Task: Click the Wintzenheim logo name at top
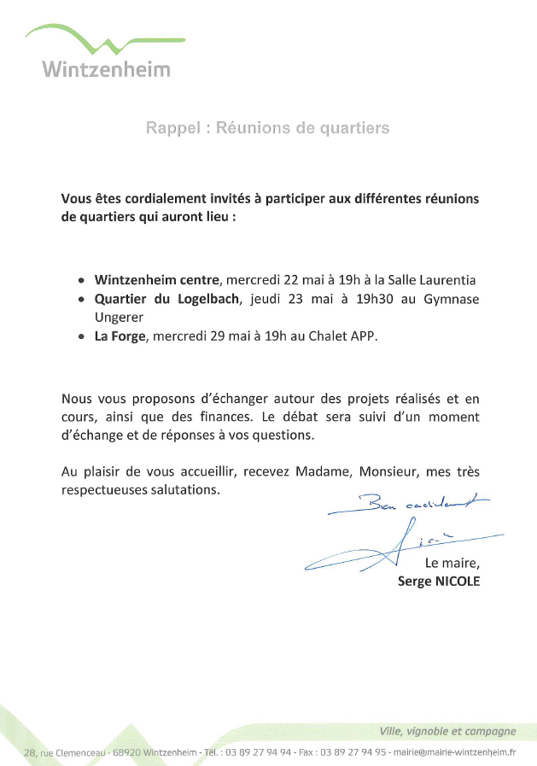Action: [x=107, y=68]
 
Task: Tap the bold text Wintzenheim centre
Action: [x=158, y=279]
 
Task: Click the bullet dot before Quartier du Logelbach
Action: [x=81, y=300]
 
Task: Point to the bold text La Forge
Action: [x=121, y=336]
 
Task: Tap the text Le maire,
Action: [x=452, y=562]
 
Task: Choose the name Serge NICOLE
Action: [x=439, y=581]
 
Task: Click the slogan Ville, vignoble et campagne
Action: [x=447, y=731]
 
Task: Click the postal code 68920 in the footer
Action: [x=127, y=752]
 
